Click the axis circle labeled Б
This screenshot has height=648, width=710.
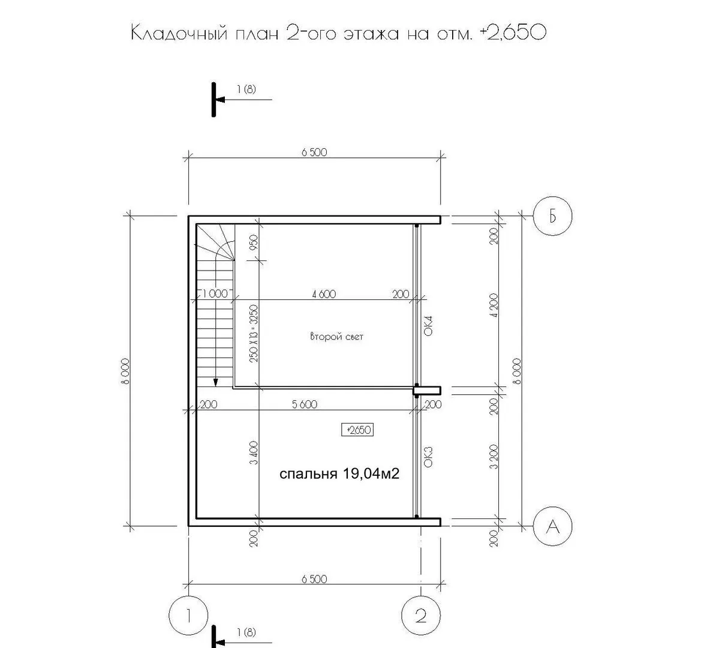pyautogui.click(x=552, y=216)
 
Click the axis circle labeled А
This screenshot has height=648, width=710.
pyautogui.click(x=552, y=526)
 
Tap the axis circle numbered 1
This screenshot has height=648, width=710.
pyautogui.click(x=188, y=616)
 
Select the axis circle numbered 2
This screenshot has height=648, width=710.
pyautogui.click(x=421, y=616)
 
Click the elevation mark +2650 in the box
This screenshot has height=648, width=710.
pyautogui.click(x=358, y=430)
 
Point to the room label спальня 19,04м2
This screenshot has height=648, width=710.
pyautogui.click(x=339, y=474)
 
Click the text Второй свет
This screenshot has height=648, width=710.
pyautogui.click(x=336, y=337)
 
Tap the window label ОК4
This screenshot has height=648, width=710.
pyautogui.click(x=428, y=325)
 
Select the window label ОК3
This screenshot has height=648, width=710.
pyautogui.click(x=428, y=457)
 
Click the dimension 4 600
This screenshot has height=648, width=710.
pyautogui.click(x=324, y=294)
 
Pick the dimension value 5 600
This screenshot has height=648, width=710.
pyautogui.click(x=305, y=404)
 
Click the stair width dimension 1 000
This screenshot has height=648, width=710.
pyautogui.click(x=215, y=293)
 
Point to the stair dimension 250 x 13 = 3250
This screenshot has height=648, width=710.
pyautogui.click(x=254, y=333)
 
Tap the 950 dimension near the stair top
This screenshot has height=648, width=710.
pyautogui.click(x=254, y=242)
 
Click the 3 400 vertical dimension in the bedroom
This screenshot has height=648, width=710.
pyautogui.click(x=254, y=452)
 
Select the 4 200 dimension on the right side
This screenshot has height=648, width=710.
pyautogui.click(x=494, y=305)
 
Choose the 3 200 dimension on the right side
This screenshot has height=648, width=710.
pyautogui.click(x=494, y=457)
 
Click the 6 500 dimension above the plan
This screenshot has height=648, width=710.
pyautogui.click(x=314, y=152)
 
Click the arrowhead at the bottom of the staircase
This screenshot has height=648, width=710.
pyautogui.click(x=216, y=382)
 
